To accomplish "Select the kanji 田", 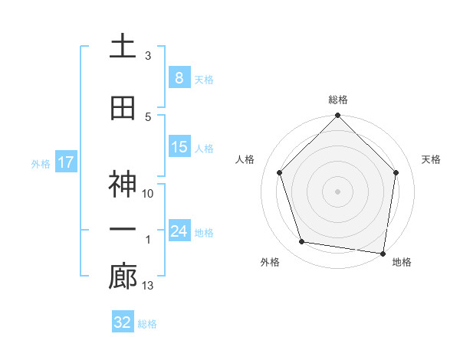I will point(123,108).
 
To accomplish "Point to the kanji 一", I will point(123,230).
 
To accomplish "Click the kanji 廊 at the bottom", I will point(123,277).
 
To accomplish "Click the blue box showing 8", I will point(179,78).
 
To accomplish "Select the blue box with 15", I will point(179,147).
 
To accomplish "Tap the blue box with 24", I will point(179,231).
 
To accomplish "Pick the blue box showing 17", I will point(65,162).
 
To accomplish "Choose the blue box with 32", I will point(123,322).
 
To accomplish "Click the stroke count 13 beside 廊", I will point(148,286).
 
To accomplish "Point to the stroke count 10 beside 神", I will point(148,194).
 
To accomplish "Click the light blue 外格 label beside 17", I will point(41,163).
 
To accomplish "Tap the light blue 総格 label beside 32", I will point(147,324).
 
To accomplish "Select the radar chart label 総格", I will point(337,100).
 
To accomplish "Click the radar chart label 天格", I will point(431,159).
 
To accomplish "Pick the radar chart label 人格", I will point(245,159).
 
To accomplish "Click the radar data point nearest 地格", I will point(383,253).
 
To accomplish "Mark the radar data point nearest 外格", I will point(302,242).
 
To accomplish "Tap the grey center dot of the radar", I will point(337,191).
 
